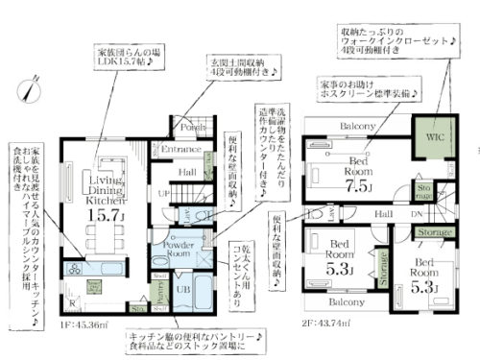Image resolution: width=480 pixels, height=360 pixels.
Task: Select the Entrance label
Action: (180, 149)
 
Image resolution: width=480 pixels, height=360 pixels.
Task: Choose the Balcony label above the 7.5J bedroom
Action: (355, 127)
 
